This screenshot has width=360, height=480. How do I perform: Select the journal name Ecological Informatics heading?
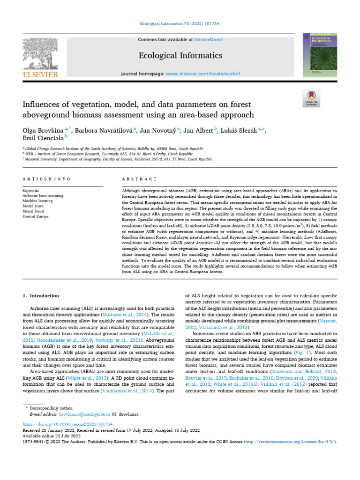point(180,56)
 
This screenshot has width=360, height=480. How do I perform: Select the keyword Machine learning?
point(38,201)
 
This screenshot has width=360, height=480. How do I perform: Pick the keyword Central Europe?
point(36,217)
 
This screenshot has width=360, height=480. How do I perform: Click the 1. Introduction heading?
point(41,296)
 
